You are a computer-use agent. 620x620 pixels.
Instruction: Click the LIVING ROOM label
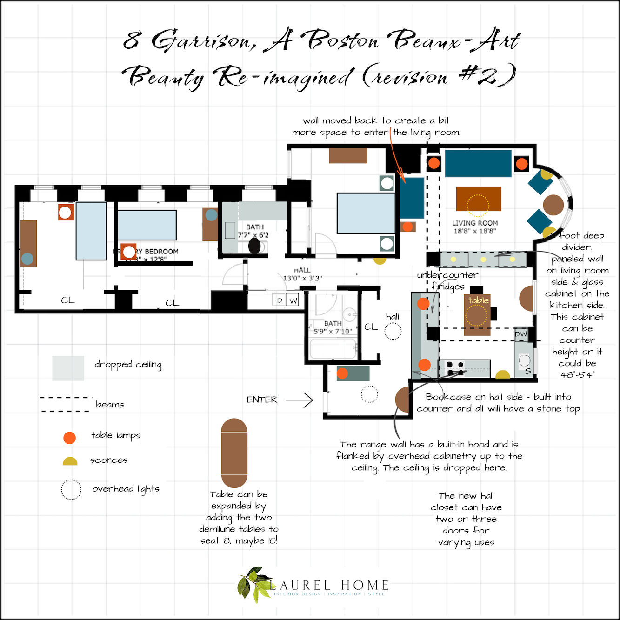475,227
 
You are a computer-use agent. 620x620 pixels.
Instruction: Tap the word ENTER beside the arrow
262,400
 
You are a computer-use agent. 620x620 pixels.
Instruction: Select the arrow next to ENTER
299,400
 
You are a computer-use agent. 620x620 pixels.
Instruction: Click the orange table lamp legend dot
69,438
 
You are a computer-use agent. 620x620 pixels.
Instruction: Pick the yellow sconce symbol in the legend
70,461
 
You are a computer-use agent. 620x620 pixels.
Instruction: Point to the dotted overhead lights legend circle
71,489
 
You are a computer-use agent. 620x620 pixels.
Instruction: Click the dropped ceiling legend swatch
68,368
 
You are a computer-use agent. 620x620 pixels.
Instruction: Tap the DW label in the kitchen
521,334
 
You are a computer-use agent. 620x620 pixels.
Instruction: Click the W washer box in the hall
293,300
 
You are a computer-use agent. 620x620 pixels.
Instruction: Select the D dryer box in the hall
279,300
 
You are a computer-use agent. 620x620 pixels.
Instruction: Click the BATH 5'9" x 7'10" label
333,327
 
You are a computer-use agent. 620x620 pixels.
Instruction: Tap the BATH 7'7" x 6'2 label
254,231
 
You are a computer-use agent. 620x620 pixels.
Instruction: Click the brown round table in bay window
553,205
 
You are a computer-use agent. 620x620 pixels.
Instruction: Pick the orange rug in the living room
478,199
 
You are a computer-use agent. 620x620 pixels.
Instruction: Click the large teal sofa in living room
478,163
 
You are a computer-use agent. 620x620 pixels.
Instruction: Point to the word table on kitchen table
478,300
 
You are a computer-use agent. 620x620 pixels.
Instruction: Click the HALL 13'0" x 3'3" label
302,274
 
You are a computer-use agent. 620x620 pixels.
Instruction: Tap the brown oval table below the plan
234,453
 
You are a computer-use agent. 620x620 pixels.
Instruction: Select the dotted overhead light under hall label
393,331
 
